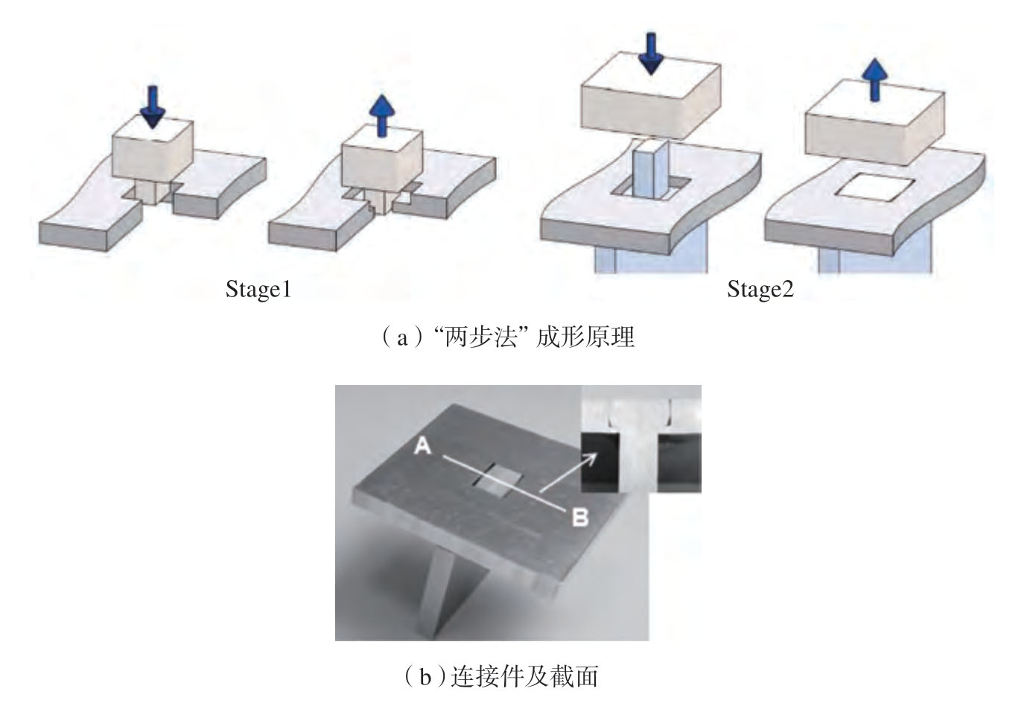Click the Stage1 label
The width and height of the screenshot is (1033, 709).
(258, 289)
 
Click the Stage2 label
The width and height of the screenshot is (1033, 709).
(760, 289)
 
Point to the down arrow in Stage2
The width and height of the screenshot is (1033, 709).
(651, 52)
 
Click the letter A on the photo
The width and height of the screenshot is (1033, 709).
(423, 445)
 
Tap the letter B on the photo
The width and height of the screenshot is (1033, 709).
(579, 516)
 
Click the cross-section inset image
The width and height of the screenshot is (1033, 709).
(641, 439)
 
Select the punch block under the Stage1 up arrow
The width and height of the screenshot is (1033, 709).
(381, 156)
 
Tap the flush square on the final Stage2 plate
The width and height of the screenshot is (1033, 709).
(869, 187)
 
